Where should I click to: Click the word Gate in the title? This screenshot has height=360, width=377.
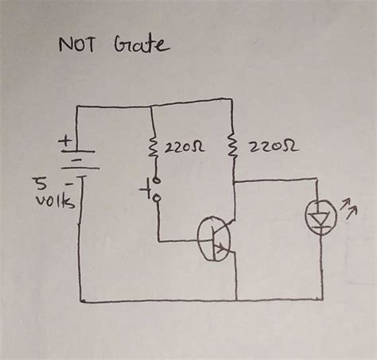(144, 44)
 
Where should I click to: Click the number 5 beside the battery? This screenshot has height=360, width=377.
(38, 184)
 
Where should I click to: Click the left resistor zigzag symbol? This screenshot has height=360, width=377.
(152, 148)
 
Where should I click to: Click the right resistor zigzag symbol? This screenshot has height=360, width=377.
(232, 147)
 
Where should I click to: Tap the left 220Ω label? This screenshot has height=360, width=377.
(184, 149)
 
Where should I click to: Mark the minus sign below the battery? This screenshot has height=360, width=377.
(69, 181)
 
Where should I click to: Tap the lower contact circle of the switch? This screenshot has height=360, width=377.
(157, 197)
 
